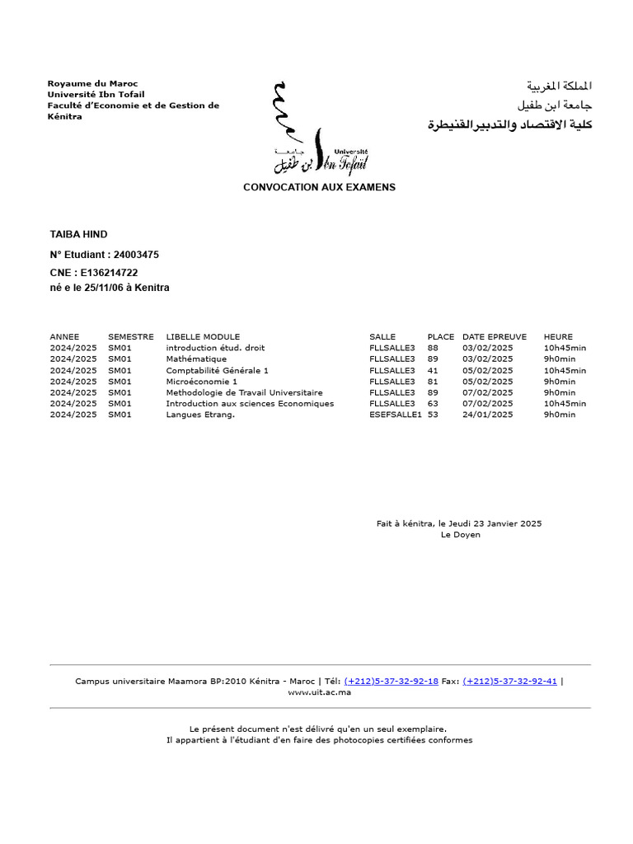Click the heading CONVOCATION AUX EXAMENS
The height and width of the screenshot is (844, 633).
pos(319,187)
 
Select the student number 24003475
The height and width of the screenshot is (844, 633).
pos(136,255)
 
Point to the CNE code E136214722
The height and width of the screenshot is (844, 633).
pos(107,273)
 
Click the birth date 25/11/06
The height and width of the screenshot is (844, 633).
pos(104,288)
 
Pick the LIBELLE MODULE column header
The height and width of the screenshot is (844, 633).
pos(203,337)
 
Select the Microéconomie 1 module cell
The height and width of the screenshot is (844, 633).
pos(201,382)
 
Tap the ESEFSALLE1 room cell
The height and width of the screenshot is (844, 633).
pos(396,415)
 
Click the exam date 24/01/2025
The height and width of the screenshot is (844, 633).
pos(487,415)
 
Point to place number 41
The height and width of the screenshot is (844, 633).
pos(433,371)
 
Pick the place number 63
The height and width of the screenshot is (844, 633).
pos(433,404)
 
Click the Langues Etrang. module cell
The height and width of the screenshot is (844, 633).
pos(200,415)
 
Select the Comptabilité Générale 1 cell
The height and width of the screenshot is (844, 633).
pos(217,371)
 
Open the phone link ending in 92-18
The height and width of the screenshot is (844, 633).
pos(391,682)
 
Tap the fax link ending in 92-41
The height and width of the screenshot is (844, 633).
pos(509,682)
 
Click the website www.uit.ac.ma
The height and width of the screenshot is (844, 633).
pos(319,692)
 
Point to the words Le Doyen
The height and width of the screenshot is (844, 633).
pos(460,535)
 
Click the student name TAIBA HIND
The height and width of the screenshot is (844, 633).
pos(78,235)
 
